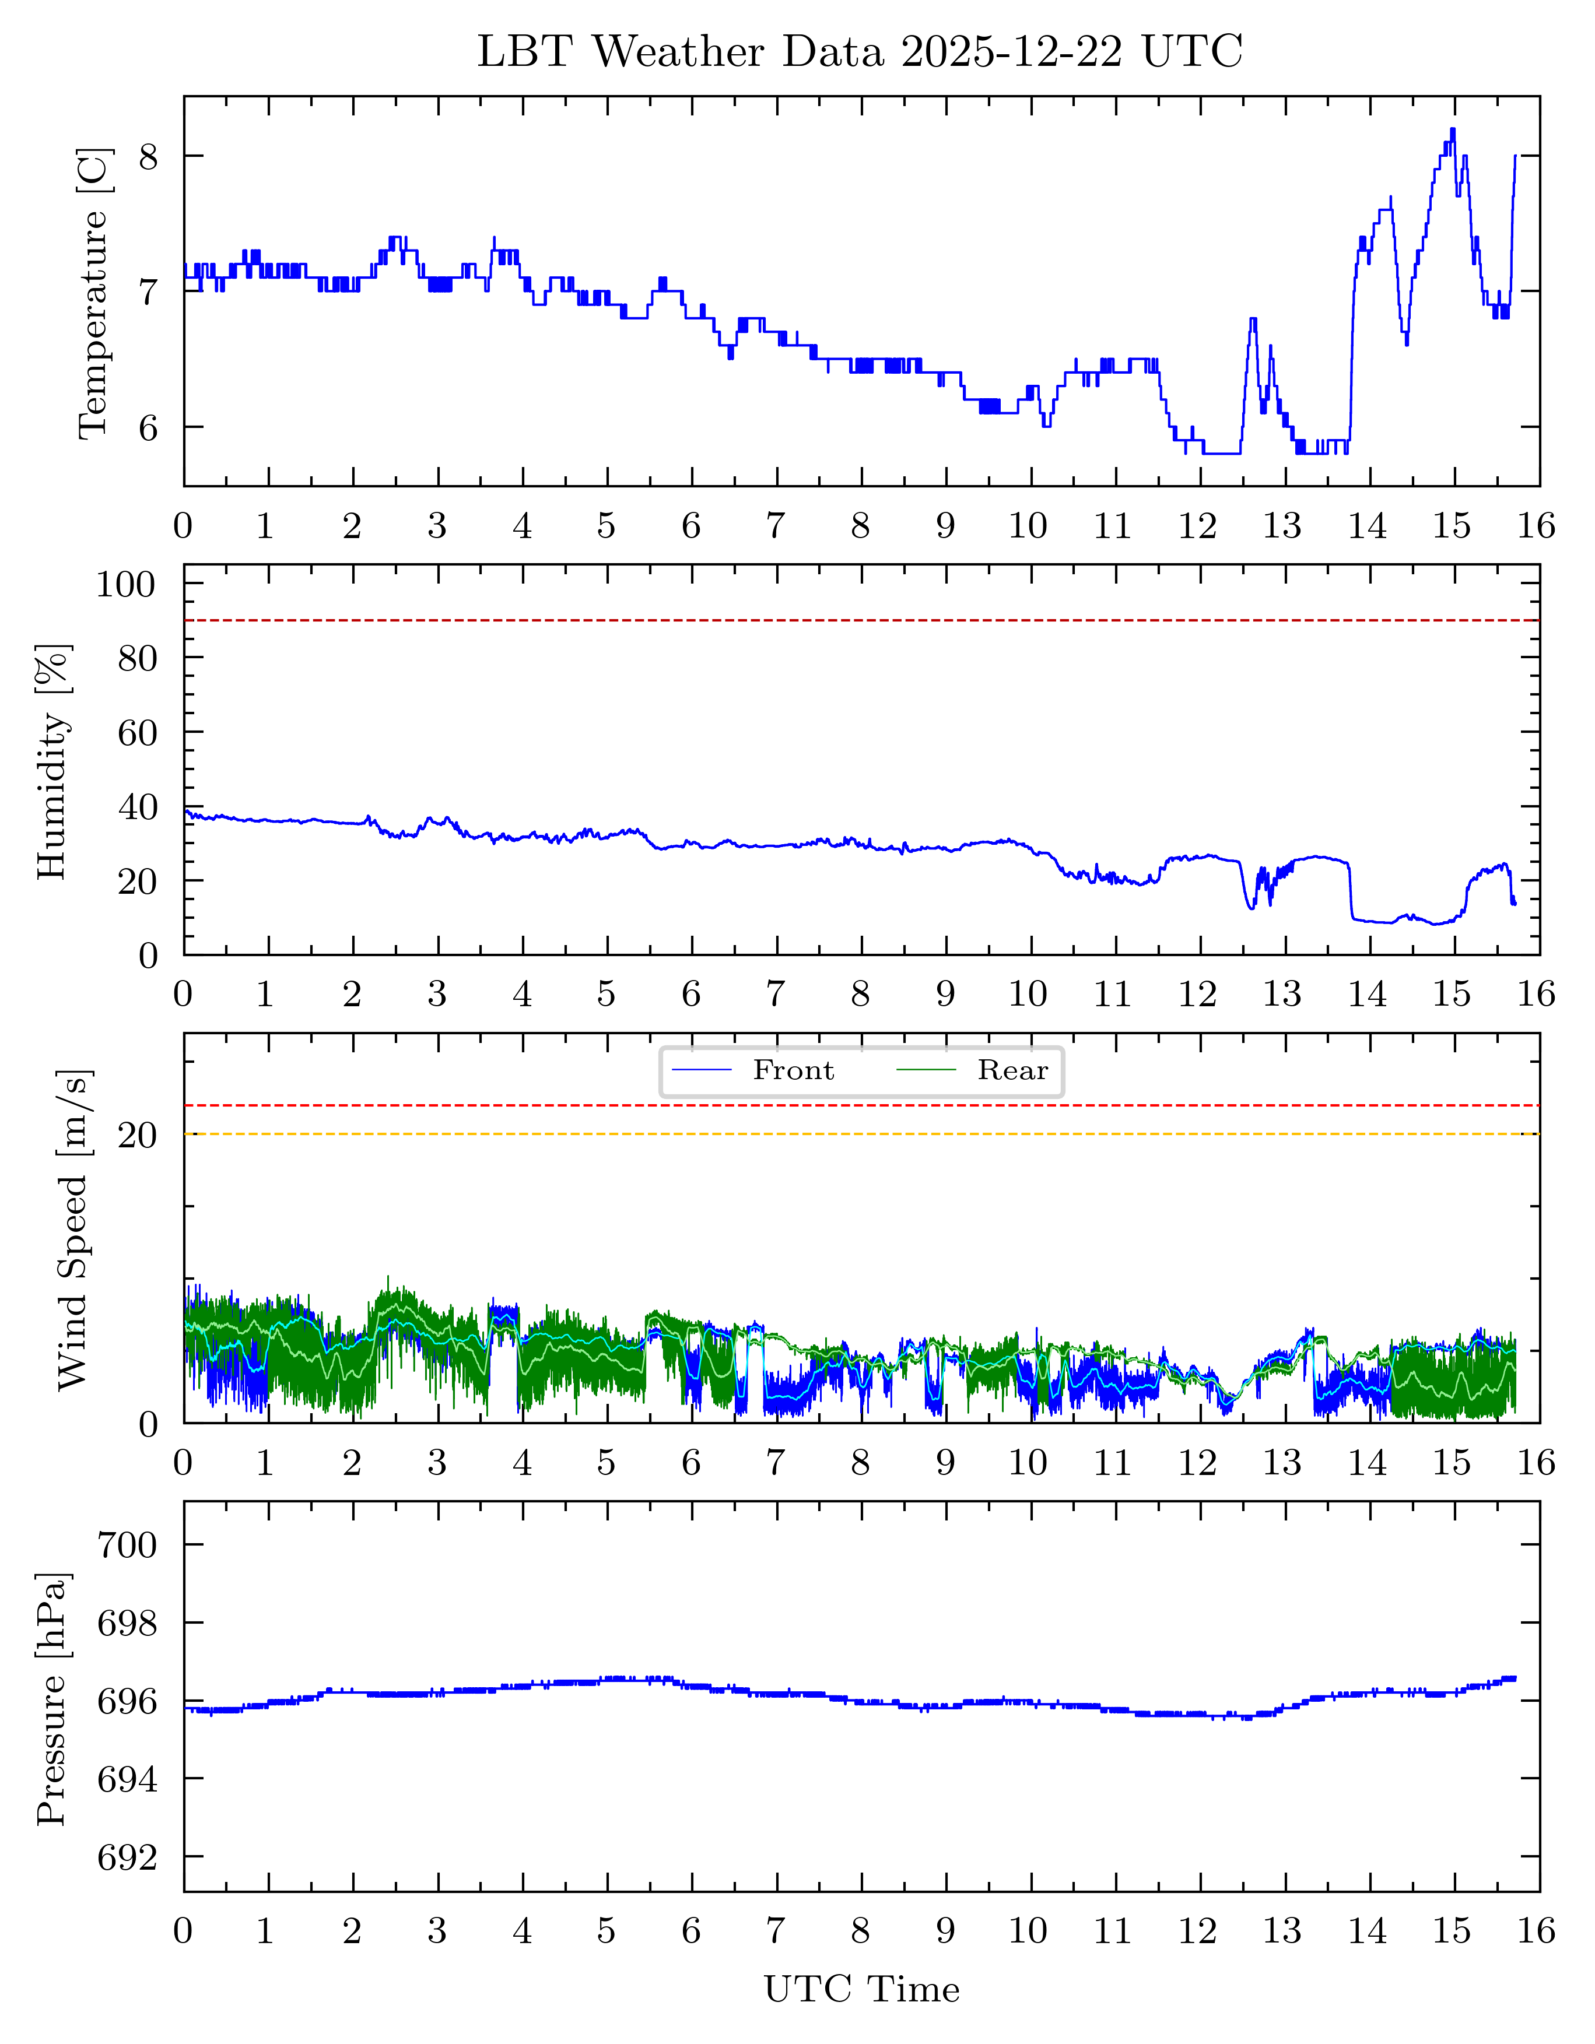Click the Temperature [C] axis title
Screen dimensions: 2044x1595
pos(94,292)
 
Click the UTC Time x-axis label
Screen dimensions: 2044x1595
pos(861,1990)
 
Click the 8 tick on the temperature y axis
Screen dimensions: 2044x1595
pos(149,156)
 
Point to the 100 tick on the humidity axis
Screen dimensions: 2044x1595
pos(127,584)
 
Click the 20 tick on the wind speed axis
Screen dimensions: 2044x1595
pos(136,1135)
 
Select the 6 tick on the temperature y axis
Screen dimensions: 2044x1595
pos(149,428)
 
